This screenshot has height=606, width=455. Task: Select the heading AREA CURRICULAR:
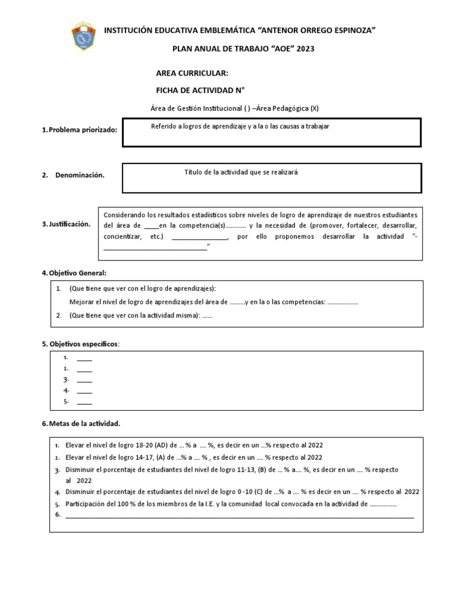point(191,73)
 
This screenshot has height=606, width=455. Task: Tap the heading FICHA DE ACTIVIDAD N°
point(200,90)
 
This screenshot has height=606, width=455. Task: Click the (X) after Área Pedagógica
point(314,108)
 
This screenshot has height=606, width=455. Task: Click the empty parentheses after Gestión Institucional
point(246,108)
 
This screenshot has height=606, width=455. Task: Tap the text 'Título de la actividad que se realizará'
point(241,172)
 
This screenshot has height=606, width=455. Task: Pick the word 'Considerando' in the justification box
point(123,214)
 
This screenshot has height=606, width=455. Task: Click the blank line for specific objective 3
point(85,380)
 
